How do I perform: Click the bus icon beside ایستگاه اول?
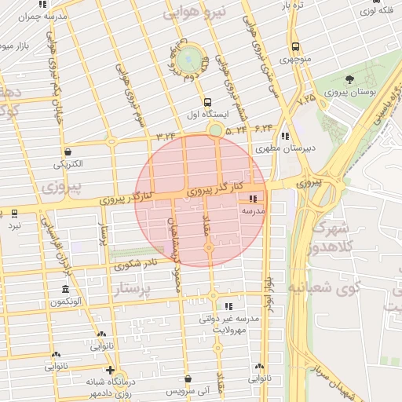tap(207, 101)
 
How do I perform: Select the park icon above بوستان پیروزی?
tap(349, 80)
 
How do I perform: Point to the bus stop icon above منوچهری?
tap(295, 46)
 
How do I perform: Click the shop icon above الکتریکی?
tap(68, 152)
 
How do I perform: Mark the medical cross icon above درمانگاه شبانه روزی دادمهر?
tap(110, 370)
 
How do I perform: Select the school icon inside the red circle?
tap(253, 199)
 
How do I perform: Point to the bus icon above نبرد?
tap(14, 214)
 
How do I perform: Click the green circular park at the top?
tap(189, 59)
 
